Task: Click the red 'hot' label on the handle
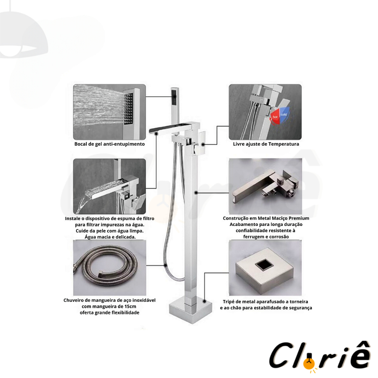(x=275, y=117)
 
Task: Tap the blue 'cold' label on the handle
(x=284, y=114)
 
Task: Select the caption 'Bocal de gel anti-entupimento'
(x=109, y=144)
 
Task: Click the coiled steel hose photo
(x=109, y=268)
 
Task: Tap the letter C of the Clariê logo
(x=280, y=356)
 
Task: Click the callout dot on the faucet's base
(x=205, y=301)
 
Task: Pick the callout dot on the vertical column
(x=196, y=193)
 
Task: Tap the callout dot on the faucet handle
(x=203, y=145)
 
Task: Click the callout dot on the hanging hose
(x=165, y=265)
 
